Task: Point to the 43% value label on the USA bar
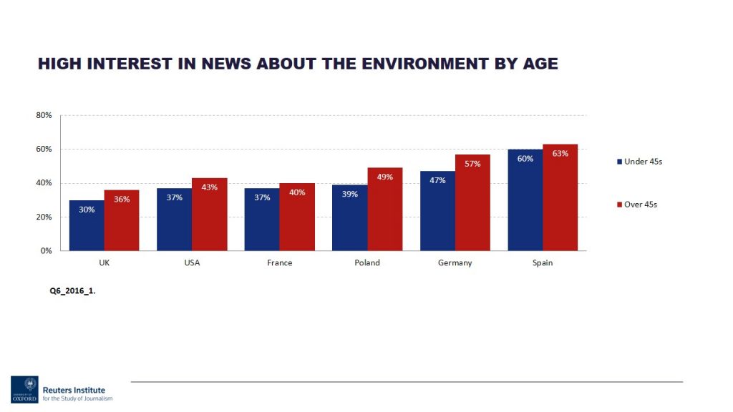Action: pyautogui.click(x=210, y=187)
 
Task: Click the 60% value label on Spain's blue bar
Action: pyautogui.click(x=525, y=159)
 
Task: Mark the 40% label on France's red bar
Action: pyautogui.click(x=297, y=192)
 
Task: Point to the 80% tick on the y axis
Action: pyautogui.click(x=44, y=115)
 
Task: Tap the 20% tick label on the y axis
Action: pyautogui.click(x=44, y=217)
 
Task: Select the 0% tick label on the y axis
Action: pyautogui.click(x=46, y=251)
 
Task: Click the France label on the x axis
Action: pyautogui.click(x=279, y=263)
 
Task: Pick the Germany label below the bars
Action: pyautogui.click(x=455, y=263)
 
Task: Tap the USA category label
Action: pyautogui.click(x=192, y=263)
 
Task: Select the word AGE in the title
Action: pyautogui.click(x=538, y=64)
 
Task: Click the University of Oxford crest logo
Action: pyautogui.click(x=25, y=388)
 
